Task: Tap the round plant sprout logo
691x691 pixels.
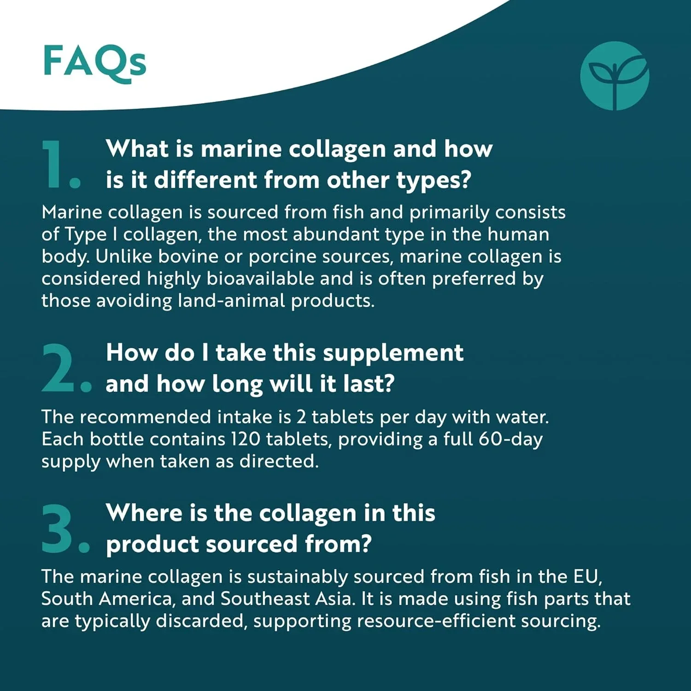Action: [x=615, y=76]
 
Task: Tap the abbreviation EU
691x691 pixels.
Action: [x=587, y=576]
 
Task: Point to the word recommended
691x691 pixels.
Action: [x=145, y=417]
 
